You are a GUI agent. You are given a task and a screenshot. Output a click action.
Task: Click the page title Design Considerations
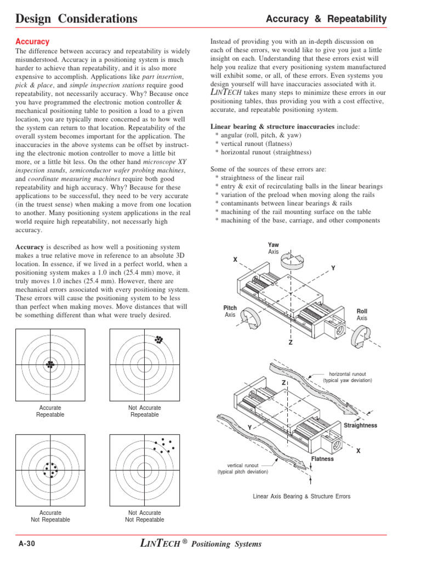[x=77, y=19]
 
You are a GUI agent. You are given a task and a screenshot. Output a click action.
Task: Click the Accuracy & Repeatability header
[x=326, y=19]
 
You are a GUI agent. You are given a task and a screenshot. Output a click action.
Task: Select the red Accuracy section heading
[x=32, y=42]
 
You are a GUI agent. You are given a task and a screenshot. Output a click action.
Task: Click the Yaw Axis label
[x=274, y=248]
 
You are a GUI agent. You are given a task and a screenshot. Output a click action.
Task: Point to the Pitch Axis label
[x=230, y=312]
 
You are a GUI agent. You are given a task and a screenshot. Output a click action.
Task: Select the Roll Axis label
[x=362, y=314]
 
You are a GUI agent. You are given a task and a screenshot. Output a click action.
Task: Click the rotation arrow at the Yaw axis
[x=299, y=260]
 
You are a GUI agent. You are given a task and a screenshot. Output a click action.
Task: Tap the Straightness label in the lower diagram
[x=360, y=426]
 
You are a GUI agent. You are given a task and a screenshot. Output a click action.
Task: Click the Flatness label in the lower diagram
[x=322, y=459]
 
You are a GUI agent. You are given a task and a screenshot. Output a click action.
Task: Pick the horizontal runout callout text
[x=347, y=376]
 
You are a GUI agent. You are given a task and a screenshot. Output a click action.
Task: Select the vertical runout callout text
[x=242, y=468]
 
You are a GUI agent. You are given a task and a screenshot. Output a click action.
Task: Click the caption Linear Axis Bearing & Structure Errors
[x=301, y=496]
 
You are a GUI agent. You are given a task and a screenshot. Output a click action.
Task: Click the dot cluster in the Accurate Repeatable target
[x=50, y=364]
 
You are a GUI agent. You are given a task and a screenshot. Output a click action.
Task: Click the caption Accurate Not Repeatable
[x=50, y=516]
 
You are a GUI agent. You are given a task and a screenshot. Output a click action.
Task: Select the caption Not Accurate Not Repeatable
[x=144, y=516]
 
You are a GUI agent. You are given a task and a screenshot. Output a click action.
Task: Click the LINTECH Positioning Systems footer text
[x=201, y=544]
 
